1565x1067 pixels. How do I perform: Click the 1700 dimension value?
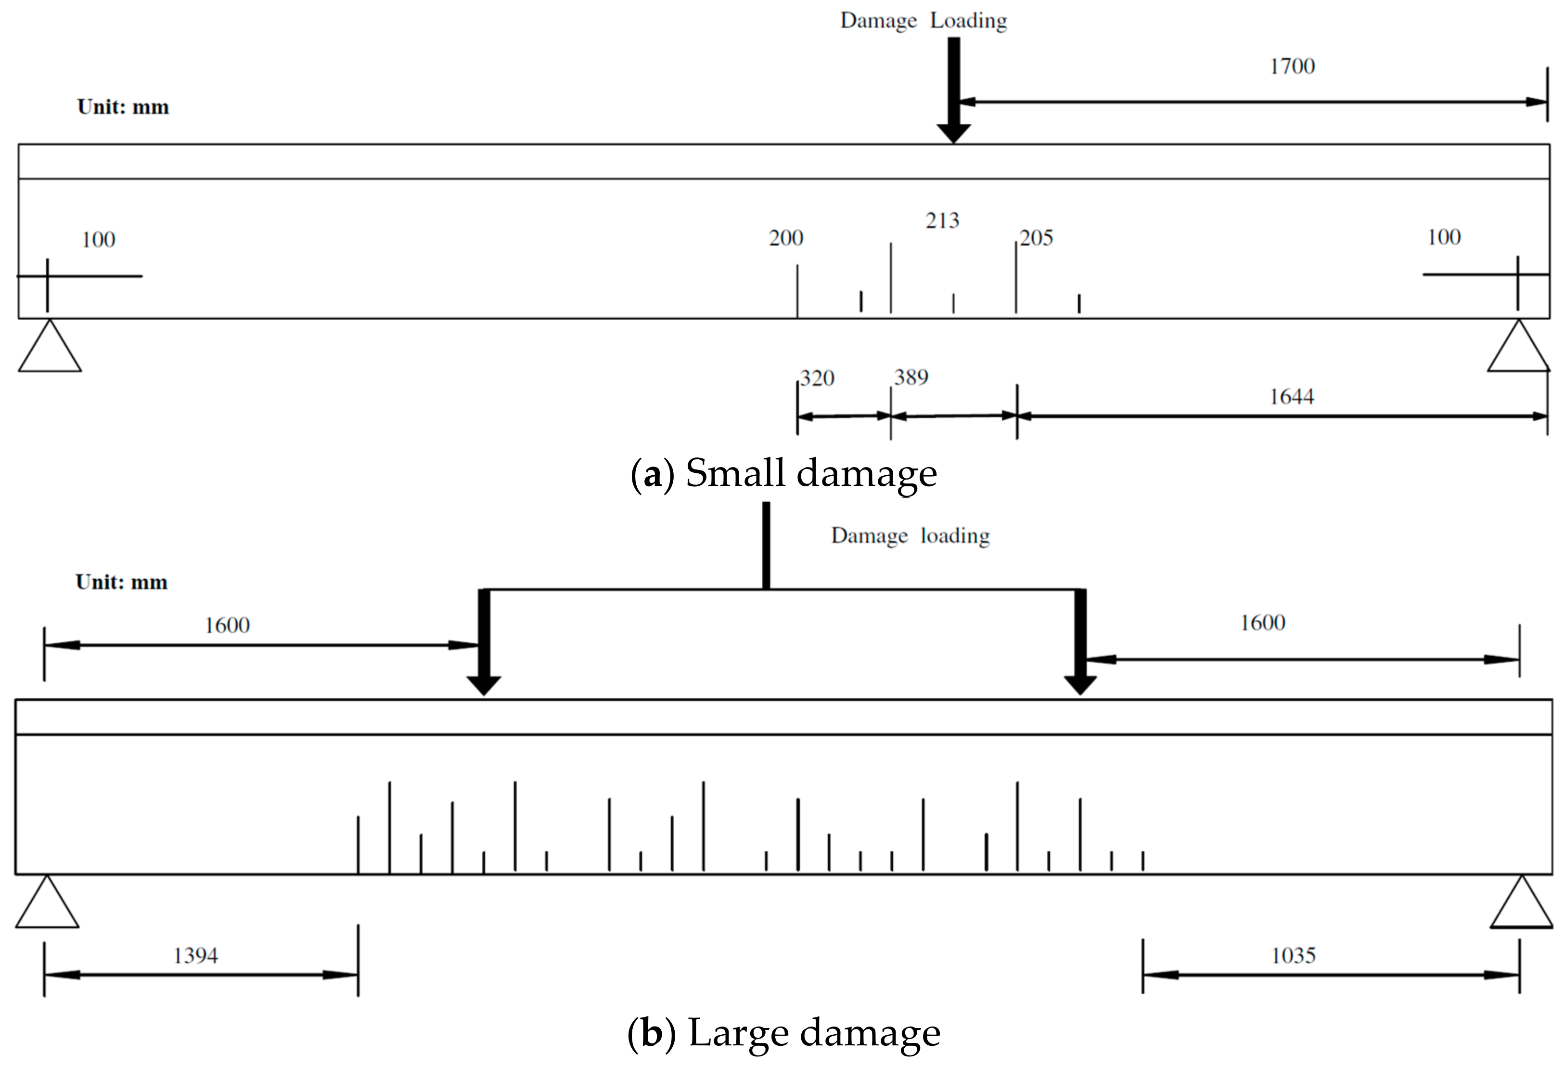1292,66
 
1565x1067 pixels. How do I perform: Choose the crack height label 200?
786,238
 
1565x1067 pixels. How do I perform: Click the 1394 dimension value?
195,956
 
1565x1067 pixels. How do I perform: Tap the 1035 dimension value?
1293,956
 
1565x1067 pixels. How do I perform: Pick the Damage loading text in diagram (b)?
910,536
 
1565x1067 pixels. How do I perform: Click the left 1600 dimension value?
227,626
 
